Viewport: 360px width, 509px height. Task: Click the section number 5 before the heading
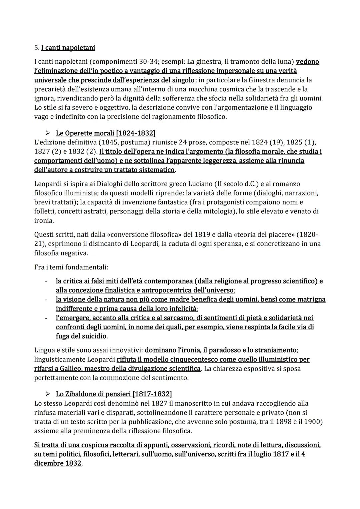tap(36, 48)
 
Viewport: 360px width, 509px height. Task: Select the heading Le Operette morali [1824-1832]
tap(105, 133)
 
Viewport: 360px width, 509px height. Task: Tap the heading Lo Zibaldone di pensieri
tap(114, 394)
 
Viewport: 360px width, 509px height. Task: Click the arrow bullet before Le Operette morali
tap(48, 133)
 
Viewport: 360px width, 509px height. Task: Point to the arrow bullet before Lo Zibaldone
tap(48, 394)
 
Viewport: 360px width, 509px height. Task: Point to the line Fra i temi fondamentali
tap(71, 267)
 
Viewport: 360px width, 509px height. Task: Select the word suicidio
tap(93, 336)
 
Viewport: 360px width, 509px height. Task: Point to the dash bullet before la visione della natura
tap(47, 300)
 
